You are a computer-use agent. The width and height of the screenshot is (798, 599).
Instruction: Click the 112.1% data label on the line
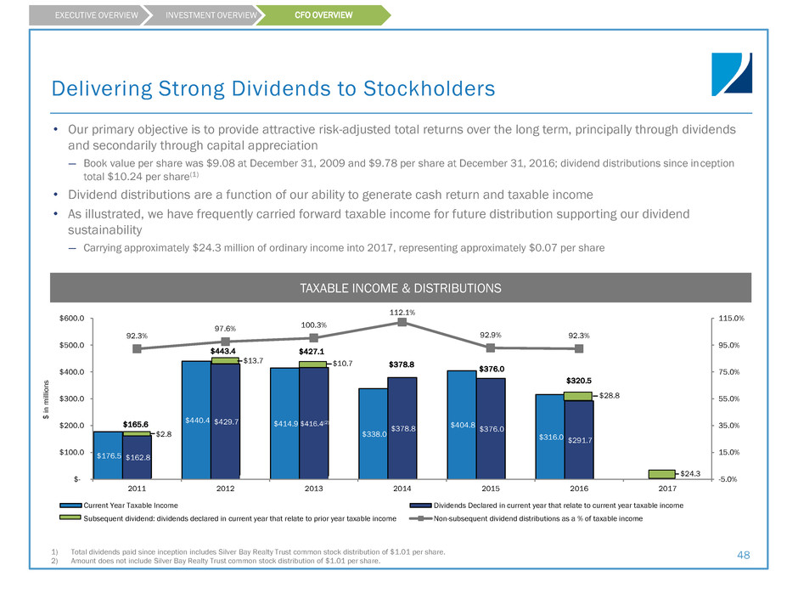402,312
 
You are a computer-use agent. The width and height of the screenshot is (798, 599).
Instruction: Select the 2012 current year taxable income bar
196,420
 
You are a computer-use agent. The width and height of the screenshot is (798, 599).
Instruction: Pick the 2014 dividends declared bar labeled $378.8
402,428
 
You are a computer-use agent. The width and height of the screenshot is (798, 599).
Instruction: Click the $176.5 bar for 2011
108,455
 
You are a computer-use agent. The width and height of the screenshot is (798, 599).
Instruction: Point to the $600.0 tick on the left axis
71,319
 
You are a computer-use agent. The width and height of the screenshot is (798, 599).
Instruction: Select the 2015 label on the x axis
491,490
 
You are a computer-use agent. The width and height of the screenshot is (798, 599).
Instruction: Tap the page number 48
743,554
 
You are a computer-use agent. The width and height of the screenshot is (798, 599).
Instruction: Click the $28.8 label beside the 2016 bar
611,396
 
